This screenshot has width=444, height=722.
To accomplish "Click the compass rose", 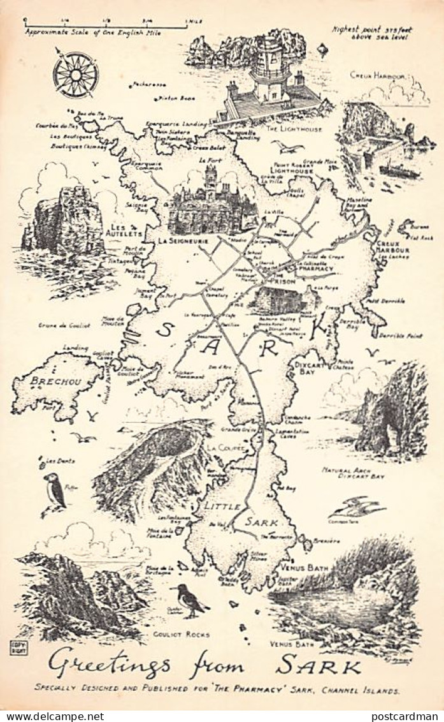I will click(x=75, y=74).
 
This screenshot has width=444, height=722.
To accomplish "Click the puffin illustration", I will click(x=55, y=491).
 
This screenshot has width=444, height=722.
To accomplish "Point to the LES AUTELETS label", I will click(x=124, y=230).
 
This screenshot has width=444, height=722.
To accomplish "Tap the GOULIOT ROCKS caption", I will click(x=181, y=635).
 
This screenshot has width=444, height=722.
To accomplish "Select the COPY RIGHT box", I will click(x=17, y=648).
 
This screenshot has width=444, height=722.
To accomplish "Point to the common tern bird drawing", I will click(x=356, y=508).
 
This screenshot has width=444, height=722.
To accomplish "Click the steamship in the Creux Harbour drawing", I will click(x=399, y=170).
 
